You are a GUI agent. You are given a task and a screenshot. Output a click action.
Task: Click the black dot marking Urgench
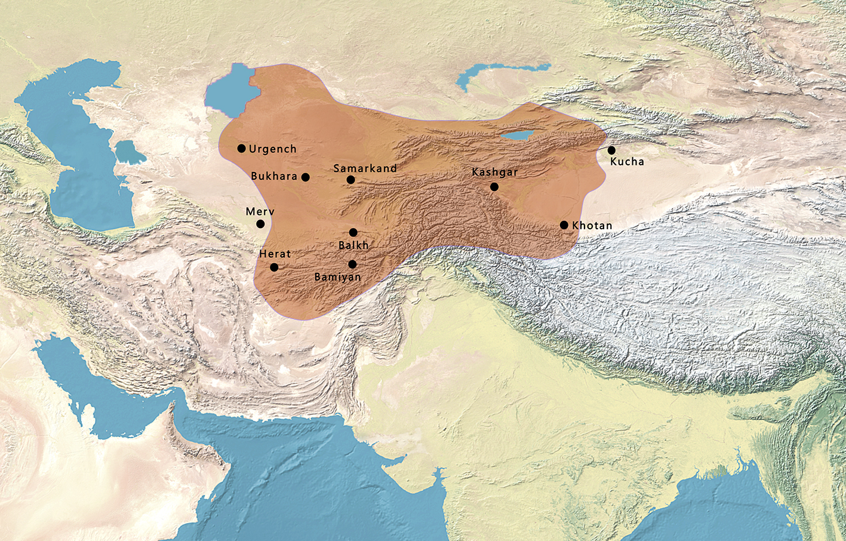coord(241,148)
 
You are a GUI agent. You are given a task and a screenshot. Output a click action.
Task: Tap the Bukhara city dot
coord(306,177)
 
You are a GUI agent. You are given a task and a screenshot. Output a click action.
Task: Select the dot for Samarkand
coord(350,180)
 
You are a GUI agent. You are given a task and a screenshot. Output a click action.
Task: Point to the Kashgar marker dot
coord(494,187)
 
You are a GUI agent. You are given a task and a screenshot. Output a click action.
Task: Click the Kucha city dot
coord(611,150)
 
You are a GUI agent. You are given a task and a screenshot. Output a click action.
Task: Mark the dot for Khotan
coord(564,225)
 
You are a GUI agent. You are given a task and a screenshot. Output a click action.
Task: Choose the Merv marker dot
coord(260,224)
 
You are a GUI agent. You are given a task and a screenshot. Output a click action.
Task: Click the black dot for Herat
coord(274,267)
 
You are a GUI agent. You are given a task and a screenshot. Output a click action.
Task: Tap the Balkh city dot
coord(353,232)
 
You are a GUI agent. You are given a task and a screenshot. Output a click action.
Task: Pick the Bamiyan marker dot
coord(352,264)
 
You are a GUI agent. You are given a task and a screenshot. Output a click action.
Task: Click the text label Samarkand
coord(365,168)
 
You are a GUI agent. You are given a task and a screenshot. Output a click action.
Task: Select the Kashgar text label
coord(494,172)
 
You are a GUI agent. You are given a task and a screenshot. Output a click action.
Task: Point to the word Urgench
coord(272,149)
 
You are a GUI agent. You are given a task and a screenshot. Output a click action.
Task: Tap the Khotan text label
coord(592,225)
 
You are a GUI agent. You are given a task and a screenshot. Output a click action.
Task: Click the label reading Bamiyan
coord(337,277)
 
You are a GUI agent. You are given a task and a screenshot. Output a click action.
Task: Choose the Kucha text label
coord(627,161)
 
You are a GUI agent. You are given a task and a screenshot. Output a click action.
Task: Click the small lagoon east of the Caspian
coord(130,153)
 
